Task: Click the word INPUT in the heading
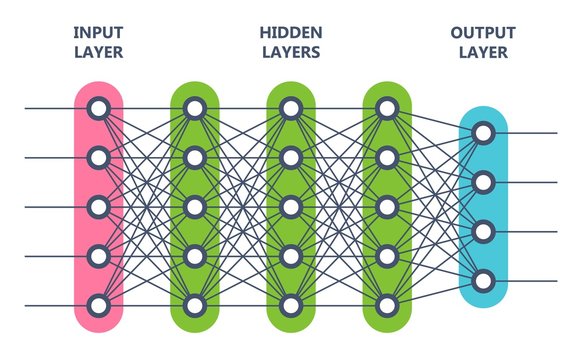click(x=98, y=32)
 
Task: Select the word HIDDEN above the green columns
click(x=290, y=32)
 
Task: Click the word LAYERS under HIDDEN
click(x=290, y=52)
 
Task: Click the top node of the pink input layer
click(x=98, y=108)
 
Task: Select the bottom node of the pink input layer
click(x=98, y=305)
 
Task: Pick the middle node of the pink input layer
click(x=98, y=207)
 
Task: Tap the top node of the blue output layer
click(x=483, y=132)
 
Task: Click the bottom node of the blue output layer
click(x=483, y=281)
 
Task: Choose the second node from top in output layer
click(x=483, y=182)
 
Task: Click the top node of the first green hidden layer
click(x=194, y=108)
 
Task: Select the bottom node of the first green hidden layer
click(x=194, y=305)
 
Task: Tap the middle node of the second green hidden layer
click(x=290, y=207)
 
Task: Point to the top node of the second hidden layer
click(x=290, y=108)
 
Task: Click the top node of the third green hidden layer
click(x=387, y=108)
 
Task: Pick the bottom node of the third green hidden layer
click(x=387, y=305)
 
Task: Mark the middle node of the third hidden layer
click(x=387, y=207)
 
